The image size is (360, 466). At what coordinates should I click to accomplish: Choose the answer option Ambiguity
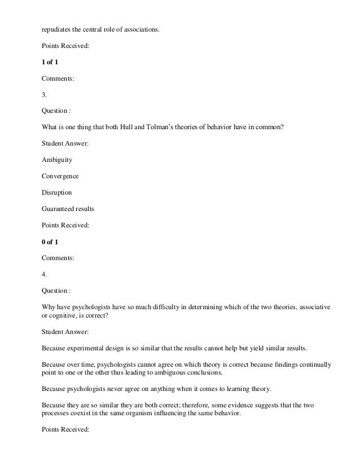[x=57, y=160]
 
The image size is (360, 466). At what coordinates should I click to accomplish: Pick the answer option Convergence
[x=60, y=176]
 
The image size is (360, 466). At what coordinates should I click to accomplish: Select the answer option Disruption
[x=56, y=192]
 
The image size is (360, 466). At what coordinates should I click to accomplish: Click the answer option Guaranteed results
[x=68, y=209]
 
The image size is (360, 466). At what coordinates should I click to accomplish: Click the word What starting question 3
[x=50, y=127]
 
